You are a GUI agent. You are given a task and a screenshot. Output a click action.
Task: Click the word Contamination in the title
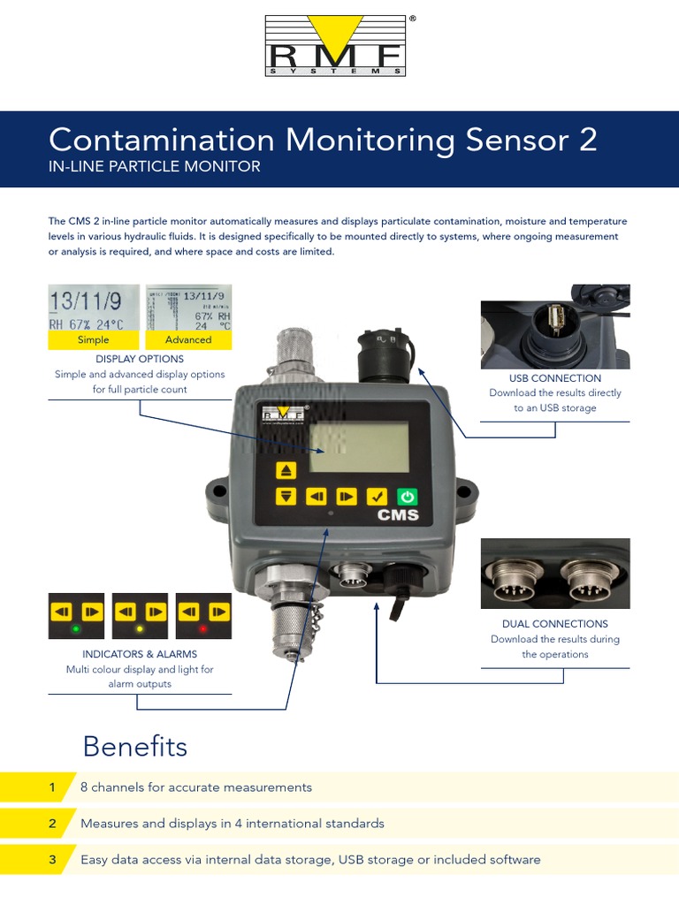tap(162, 140)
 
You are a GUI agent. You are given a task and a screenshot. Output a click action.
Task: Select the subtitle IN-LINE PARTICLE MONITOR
tap(155, 166)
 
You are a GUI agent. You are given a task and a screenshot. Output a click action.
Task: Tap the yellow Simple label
tap(93, 339)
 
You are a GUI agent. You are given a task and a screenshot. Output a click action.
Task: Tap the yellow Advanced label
tap(188, 339)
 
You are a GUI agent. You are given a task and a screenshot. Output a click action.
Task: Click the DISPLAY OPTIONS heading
tap(140, 359)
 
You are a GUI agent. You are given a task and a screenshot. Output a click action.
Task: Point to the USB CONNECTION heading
tap(555, 378)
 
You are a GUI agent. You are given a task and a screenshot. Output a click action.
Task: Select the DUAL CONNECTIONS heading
tap(555, 624)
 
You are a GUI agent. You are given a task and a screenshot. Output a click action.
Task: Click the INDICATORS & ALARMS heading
tap(140, 654)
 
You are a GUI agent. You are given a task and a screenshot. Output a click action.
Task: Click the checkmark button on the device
tap(376, 497)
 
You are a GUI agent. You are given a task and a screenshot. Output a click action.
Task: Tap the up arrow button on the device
tap(286, 469)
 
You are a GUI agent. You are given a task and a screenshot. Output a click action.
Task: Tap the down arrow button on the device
tap(286, 497)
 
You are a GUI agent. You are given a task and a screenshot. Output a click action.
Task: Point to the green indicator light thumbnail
tap(76, 616)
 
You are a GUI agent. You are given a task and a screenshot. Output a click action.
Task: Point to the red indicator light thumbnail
tap(203, 616)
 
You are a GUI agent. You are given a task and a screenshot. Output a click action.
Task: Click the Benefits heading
tap(134, 747)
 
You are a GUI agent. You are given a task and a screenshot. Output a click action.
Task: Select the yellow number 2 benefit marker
tap(52, 823)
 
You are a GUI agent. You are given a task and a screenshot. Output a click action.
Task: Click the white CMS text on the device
tap(398, 515)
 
